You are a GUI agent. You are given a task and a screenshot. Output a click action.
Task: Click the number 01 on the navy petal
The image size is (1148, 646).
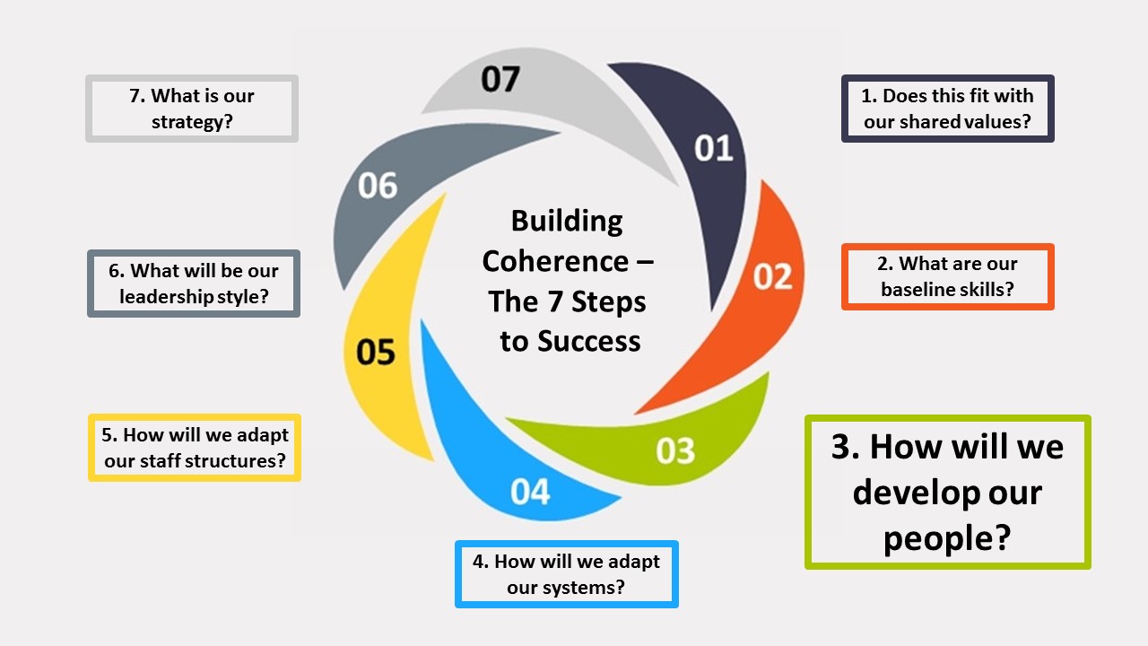[x=714, y=148]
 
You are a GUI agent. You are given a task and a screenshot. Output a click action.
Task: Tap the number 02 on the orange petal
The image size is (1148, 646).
[x=772, y=276]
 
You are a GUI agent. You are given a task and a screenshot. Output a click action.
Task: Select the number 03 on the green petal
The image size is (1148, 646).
[x=675, y=450]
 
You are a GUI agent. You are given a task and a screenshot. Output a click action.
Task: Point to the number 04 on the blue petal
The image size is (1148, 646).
[x=530, y=492]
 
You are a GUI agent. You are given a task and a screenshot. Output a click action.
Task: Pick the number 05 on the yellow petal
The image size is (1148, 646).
[x=376, y=352]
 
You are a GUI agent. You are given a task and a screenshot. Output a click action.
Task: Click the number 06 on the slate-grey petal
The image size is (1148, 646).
[x=378, y=186]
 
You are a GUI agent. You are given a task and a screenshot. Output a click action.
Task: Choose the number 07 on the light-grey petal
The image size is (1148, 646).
[x=500, y=79]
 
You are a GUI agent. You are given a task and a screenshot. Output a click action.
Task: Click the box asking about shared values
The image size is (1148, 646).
[x=948, y=109]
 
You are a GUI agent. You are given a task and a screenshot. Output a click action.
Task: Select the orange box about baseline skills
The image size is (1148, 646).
[x=948, y=276]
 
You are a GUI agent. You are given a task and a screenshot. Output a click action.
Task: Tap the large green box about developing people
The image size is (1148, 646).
[x=948, y=492]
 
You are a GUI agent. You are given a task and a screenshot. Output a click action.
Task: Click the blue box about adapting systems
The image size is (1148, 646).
[x=567, y=574]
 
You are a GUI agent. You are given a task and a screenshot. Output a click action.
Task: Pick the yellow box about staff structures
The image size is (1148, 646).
[x=195, y=448]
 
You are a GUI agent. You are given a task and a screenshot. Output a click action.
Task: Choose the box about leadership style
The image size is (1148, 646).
[x=194, y=284]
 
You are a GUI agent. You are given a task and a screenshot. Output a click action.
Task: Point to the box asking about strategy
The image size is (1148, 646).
[x=192, y=109]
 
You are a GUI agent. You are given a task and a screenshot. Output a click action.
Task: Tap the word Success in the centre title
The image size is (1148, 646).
[x=588, y=341]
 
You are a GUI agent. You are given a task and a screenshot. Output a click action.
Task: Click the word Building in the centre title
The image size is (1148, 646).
[x=567, y=221]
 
